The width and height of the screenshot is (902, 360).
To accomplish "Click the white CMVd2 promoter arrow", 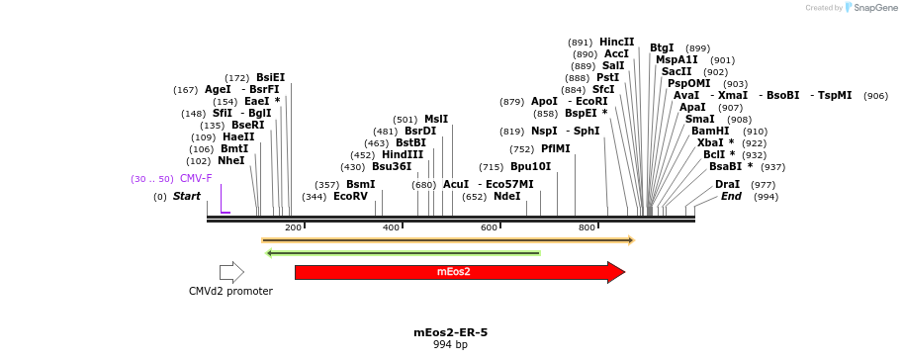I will [231, 272].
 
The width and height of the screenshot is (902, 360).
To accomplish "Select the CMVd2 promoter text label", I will [230, 292].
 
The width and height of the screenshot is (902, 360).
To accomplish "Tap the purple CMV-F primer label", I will [196, 178].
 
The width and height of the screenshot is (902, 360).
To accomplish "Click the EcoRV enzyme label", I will [350, 197].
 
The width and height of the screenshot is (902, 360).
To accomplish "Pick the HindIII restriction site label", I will [403, 154].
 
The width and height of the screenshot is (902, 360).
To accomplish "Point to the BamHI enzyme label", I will [710, 131].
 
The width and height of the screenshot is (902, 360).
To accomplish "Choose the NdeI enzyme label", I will [506, 197].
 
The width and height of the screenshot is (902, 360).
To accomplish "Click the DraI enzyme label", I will [727, 185].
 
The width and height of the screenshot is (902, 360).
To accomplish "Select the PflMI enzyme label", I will [555, 149].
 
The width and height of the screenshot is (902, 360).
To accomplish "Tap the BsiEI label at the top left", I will [270, 77].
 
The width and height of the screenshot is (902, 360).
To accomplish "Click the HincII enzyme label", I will [617, 42].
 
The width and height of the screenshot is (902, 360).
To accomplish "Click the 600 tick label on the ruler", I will [489, 228].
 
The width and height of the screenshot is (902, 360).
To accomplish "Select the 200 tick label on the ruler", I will [293, 228].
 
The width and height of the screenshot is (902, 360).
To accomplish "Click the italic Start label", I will [186, 197].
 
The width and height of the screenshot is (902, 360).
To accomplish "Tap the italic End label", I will [731, 197].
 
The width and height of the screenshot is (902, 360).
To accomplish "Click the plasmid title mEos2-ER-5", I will [450, 332].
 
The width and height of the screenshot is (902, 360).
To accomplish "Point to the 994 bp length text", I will [450, 345].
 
